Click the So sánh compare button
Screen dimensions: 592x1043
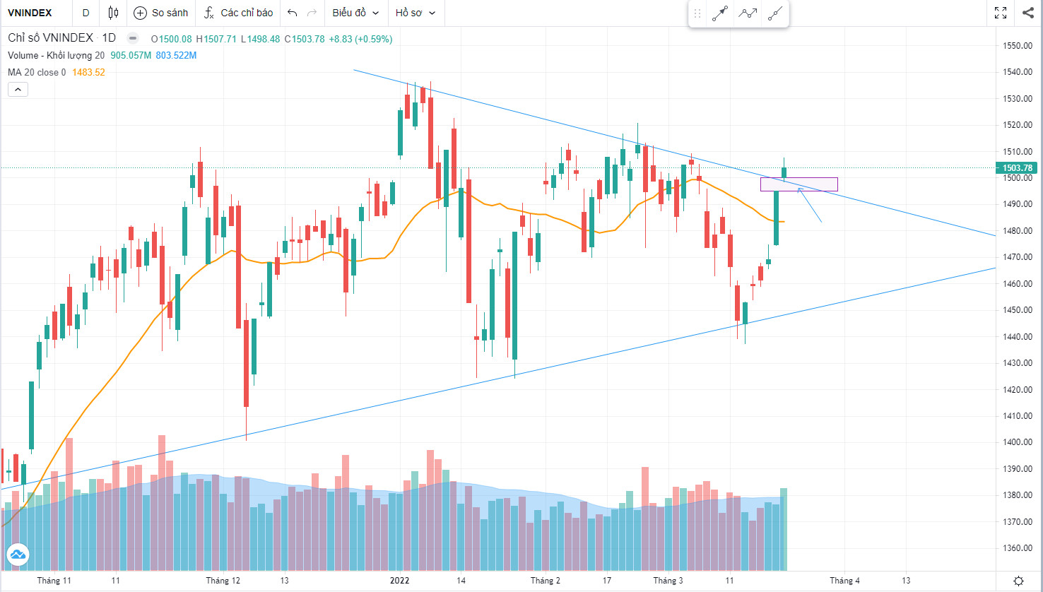click(x=161, y=13)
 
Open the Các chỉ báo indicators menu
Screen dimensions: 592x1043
click(x=238, y=13)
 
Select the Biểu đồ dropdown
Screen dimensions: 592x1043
click(x=355, y=13)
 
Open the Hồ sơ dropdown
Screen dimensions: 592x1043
click(x=415, y=13)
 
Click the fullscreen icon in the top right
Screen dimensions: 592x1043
click(x=1001, y=13)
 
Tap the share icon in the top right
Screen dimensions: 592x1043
click(x=1027, y=13)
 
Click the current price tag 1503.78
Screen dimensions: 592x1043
click(x=1017, y=168)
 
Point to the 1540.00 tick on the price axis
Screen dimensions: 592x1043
click(x=1018, y=72)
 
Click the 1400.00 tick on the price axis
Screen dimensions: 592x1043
click(x=1018, y=442)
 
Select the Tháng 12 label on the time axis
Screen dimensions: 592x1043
click(x=223, y=581)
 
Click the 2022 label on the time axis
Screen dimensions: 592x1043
click(x=399, y=581)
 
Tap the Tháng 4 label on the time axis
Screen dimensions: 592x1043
click(x=844, y=581)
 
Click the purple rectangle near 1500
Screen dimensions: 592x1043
click(x=799, y=184)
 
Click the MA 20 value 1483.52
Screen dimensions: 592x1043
click(x=88, y=72)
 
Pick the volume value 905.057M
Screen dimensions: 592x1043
click(x=131, y=55)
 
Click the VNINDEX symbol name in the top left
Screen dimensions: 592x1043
click(x=30, y=13)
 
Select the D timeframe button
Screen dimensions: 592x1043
click(x=86, y=13)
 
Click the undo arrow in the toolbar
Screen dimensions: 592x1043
click(x=292, y=13)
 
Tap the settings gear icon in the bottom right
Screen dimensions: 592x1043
click(x=1018, y=581)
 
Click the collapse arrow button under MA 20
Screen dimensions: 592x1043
click(x=18, y=90)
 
